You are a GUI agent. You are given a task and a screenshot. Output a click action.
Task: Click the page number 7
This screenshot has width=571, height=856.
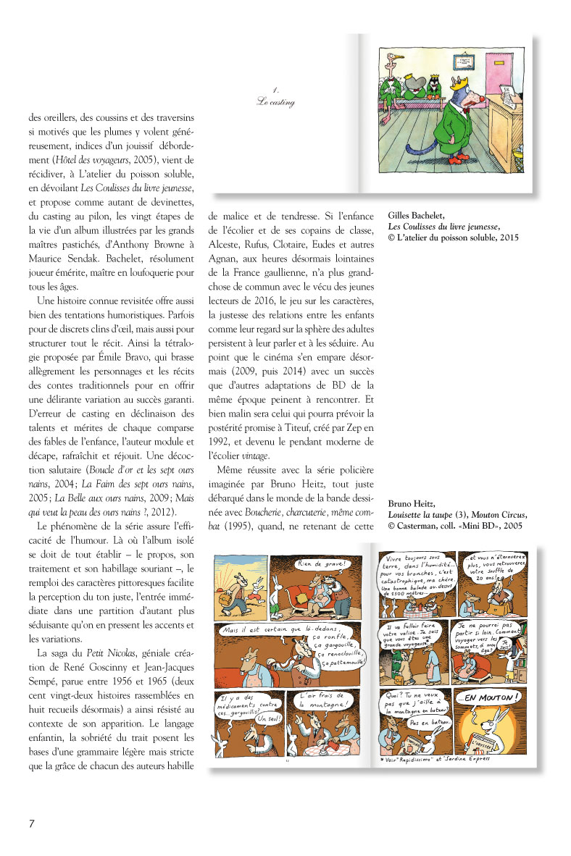pos(31,823)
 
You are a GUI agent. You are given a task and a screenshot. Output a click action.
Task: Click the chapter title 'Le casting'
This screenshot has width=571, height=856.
pos(275,101)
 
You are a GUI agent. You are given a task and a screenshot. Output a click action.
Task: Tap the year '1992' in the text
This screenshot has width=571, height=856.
pos(220,442)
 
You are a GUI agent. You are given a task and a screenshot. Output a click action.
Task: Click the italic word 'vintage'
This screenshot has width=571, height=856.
pos(255,456)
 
